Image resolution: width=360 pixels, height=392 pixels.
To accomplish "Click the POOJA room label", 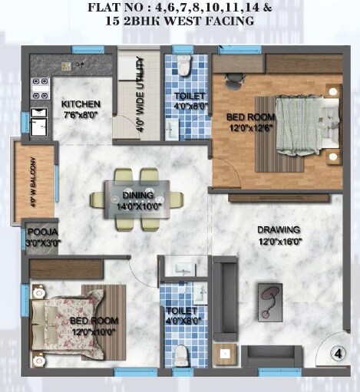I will point(42,232).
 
